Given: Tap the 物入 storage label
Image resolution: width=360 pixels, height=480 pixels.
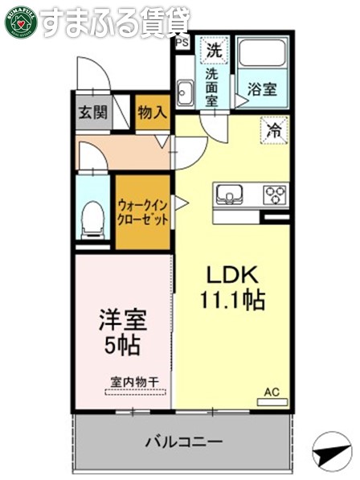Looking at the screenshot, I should [152, 113].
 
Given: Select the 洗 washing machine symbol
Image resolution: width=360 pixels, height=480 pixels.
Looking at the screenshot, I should [213, 49].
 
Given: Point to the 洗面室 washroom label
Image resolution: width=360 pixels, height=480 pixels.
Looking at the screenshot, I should [211, 88].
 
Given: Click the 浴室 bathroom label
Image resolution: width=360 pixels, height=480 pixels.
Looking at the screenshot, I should [263, 88].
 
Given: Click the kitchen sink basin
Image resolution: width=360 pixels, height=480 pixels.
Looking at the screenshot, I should [227, 194].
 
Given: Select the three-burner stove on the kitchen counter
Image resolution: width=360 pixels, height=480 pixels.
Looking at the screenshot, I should [275, 194].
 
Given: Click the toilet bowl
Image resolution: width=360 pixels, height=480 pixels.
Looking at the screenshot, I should [93, 218].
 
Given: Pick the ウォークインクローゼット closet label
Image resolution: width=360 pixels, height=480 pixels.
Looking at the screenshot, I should [143, 211].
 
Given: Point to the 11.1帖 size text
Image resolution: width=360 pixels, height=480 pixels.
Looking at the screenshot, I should [232, 302].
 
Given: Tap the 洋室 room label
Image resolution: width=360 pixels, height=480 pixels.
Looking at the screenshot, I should [122, 321].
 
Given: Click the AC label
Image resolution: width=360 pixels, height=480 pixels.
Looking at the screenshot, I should [272, 392].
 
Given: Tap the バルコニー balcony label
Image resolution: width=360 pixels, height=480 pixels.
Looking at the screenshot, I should [184, 441].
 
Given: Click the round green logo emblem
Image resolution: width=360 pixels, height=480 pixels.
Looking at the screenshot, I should [20, 22].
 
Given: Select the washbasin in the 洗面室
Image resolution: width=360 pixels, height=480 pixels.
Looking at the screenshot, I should [184, 92].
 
